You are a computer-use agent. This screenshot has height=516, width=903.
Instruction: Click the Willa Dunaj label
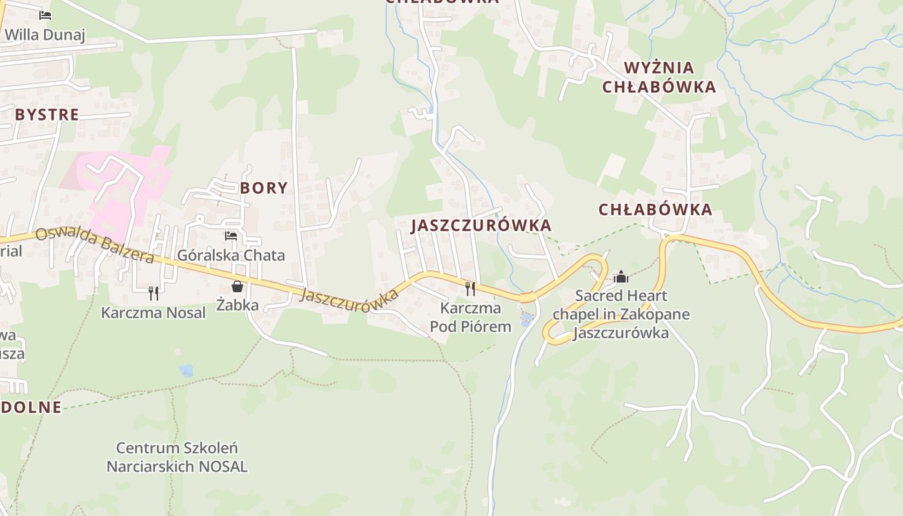click(45, 34)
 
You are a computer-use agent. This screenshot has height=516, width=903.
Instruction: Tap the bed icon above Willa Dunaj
click(45, 15)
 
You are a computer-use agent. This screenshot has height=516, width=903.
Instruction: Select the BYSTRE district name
click(47, 115)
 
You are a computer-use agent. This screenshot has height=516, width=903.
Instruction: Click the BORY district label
click(264, 188)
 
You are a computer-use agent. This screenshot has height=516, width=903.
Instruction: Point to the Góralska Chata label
click(231, 255)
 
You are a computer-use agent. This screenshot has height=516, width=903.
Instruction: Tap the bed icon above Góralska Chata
click(231, 236)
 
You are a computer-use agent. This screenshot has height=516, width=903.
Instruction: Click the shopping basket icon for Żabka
click(237, 286)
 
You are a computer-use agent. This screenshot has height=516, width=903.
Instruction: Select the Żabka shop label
click(237, 305)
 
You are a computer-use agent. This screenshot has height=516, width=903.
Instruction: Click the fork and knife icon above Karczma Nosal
click(154, 293)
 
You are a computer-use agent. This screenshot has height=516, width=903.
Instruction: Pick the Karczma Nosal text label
click(154, 313)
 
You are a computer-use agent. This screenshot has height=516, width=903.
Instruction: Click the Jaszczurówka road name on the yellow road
click(349, 301)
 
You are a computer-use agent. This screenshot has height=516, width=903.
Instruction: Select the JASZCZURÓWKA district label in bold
click(481, 225)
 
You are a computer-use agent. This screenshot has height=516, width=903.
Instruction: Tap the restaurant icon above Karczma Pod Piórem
click(470, 288)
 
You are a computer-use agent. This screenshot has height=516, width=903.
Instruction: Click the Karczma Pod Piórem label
click(470, 317)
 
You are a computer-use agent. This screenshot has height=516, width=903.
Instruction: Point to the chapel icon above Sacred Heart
click(621, 277)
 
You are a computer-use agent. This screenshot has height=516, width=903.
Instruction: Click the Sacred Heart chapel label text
click(620, 314)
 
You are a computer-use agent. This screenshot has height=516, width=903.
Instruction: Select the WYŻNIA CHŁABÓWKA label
click(659, 77)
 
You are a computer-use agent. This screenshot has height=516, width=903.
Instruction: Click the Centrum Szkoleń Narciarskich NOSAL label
click(177, 457)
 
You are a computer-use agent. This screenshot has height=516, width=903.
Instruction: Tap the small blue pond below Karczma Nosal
click(186, 370)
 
